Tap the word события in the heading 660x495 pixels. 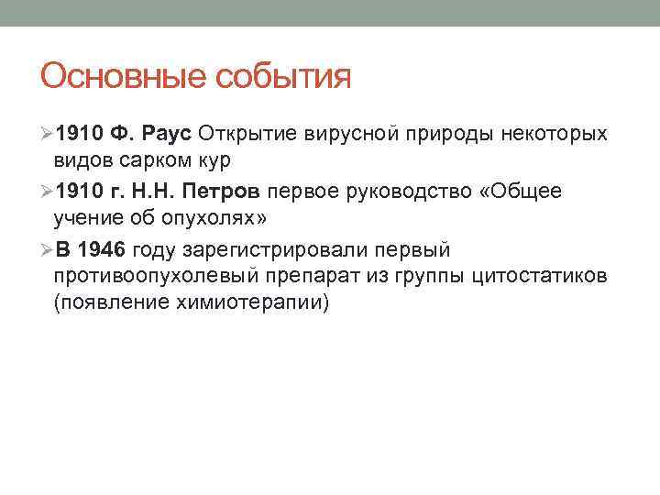[x=283, y=76]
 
